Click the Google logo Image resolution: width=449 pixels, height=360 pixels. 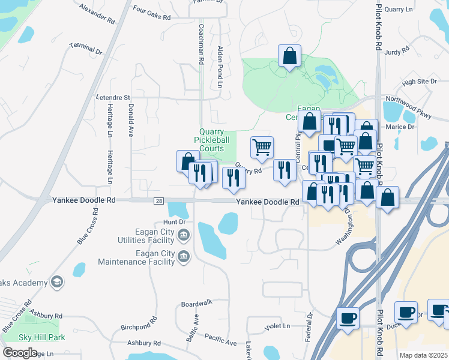(x=20, y=353)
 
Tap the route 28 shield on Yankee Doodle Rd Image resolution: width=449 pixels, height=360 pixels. (x=158, y=202)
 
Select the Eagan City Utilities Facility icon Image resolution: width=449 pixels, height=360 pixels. (x=184, y=234)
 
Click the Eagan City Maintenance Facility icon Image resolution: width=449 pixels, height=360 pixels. (x=184, y=257)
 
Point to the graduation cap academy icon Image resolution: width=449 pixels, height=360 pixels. (x=57, y=282)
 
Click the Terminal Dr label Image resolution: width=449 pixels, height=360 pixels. (x=86, y=49)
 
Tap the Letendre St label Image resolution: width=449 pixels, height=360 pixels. (x=113, y=97)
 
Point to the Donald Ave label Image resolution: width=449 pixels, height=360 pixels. (x=130, y=120)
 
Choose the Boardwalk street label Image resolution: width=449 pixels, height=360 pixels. (x=197, y=303)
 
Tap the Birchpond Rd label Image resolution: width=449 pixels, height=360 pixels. (x=139, y=327)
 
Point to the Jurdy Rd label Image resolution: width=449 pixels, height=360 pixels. (x=396, y=53)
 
